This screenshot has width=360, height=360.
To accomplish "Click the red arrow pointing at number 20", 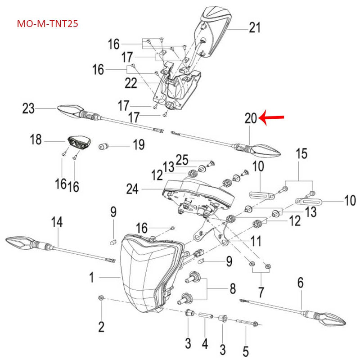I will click(x=273, y=118).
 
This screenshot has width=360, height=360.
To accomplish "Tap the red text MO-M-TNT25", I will click(x=47, y=23).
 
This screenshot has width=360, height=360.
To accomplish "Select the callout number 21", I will click(x=255, y=28).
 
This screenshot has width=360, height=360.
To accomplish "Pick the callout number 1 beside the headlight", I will click(x=91, y=278).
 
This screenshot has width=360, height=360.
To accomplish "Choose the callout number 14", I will click(x=57, y=222).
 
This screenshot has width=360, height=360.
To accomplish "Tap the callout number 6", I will click(x=301, y=283).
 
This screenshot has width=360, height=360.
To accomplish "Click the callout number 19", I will click(x=138, y=145).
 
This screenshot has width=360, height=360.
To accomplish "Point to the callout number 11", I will click(x=256, y=242).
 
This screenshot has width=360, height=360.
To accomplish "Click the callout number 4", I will click(x=205, y=345).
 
